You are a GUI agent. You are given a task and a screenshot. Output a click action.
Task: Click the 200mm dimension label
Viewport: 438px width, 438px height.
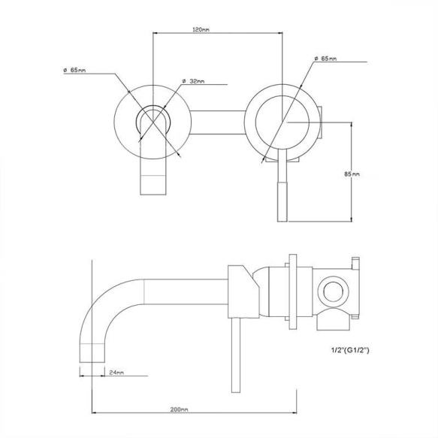click(x=179, y=409)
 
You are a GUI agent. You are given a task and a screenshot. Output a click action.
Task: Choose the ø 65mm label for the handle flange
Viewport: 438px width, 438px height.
click(x=327, y=58)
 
